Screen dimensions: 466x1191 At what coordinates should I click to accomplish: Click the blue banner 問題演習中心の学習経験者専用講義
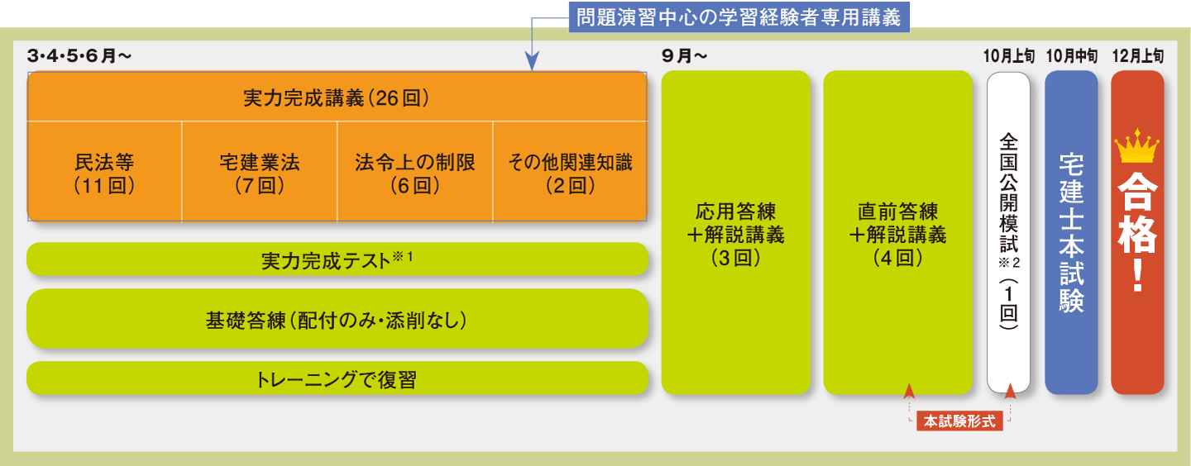[x=739, y=17]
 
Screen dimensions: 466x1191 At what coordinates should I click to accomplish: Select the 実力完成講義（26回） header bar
[x=337, y=97]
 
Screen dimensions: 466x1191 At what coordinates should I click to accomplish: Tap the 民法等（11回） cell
[x=105, y=173]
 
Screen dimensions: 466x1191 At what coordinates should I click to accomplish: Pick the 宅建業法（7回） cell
[x=260, y=173]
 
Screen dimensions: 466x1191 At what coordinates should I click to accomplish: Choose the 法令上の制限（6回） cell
[x=415, y=173]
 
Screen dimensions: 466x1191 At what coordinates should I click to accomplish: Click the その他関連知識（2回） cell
[x=570, y=173]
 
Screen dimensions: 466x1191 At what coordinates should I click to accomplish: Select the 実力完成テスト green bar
[x=337, y=259]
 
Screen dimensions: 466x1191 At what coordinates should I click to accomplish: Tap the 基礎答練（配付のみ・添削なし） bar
[x=337, y=319]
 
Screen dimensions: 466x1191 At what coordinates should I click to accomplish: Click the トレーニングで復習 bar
[x=337, y=379]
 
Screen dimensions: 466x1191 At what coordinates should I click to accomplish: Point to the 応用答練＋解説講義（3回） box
[x=735, y=233]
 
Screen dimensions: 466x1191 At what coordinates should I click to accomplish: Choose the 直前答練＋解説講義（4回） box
[x=897, y=233]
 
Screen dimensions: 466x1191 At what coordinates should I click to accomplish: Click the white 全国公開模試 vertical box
[x=1008, y=233]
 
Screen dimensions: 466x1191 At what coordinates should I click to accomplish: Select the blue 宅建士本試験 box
[x=1071, y=233]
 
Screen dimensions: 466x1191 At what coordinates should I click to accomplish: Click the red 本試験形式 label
[x=959, y=421]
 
